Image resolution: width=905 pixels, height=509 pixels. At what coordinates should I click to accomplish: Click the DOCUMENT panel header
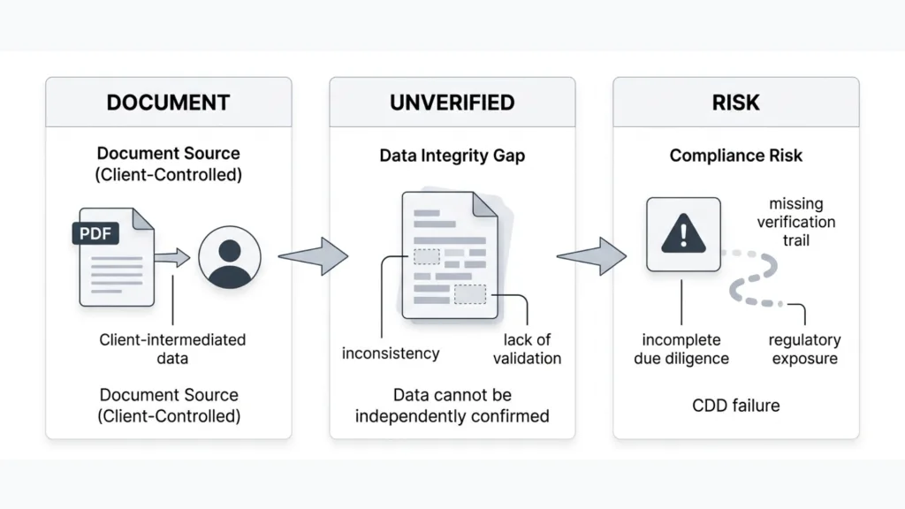[x=168, y=102]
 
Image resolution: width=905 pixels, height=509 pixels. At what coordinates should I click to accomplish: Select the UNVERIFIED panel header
[x=452, y=102]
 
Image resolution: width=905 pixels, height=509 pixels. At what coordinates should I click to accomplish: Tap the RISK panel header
[x=735, y=102]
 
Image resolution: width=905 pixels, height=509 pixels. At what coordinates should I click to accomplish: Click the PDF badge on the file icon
[x=95, y=234]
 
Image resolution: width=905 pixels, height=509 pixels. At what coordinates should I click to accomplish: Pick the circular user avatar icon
[x=230, y=257]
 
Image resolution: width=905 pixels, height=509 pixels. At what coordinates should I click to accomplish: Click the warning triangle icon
[x=682, y=234]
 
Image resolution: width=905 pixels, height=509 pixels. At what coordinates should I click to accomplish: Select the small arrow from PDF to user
[x=172, y=257]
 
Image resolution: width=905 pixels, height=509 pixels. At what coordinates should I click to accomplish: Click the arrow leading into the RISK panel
[x=591, y=256]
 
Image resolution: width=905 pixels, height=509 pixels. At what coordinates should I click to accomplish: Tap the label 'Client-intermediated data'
[x=172, y=349]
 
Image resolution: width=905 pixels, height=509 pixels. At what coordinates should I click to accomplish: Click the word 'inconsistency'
[x=391, y=353]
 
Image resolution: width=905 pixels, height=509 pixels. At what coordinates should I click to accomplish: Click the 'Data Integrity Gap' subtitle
[x=452, y=156]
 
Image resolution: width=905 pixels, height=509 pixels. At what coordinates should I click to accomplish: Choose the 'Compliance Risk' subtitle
[x=735, y=156]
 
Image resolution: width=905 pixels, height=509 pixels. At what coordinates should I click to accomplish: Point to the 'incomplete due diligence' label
[x=681, y=349]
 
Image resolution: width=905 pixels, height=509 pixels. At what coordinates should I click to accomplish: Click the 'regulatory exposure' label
[x=804, y=349]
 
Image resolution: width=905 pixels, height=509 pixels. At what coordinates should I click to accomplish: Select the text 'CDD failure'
[x=735, y=406]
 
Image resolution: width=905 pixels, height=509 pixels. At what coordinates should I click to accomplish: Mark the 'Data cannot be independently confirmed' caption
[x=452, y=405]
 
